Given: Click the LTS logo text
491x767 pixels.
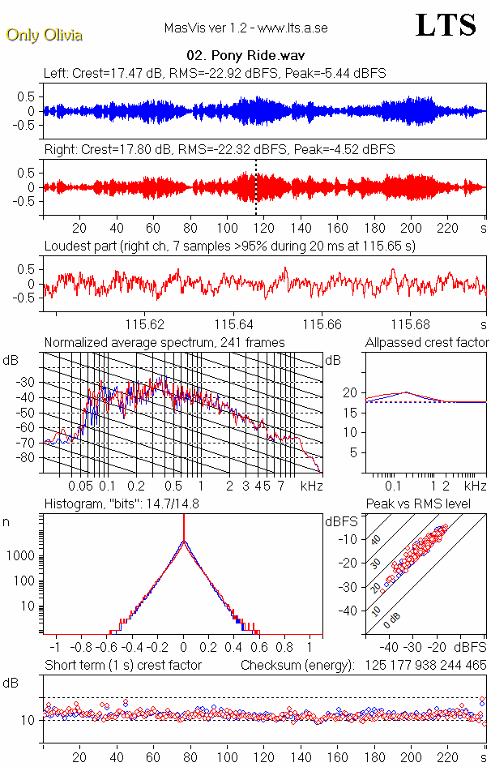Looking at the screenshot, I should click(445, 25).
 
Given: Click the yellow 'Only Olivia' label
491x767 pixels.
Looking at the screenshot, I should click(44, 35).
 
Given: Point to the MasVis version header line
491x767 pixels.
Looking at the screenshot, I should click(245, 28).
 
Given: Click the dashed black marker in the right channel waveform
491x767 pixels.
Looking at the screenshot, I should click(256, 187).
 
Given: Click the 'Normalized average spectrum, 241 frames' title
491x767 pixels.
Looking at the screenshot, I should click(164, 342).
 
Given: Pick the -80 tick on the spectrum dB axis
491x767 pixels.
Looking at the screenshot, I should click(30, 458).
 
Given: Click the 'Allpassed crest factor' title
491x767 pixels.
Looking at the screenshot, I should click(427, 342).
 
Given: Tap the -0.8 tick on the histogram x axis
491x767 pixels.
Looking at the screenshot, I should click(83, 648).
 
